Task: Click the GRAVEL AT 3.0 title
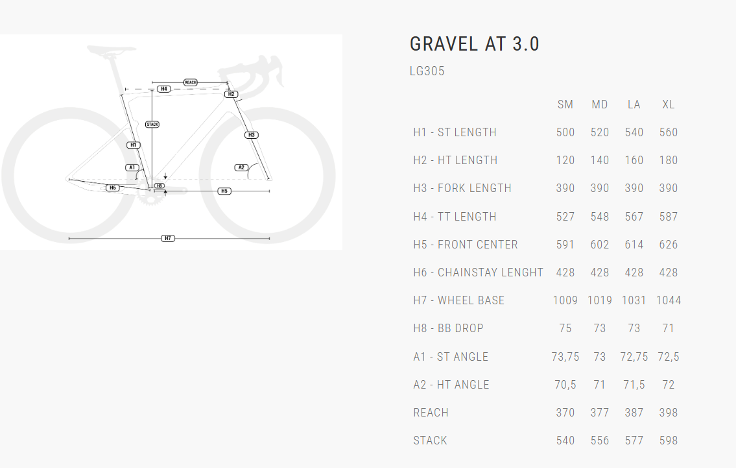point(475,44)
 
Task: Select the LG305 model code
point(427,71)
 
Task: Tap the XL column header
point(669,104)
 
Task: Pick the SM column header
point(565,104)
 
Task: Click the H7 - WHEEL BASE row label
point(458,300)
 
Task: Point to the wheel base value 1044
point(669,300)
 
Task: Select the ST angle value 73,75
point(565,357)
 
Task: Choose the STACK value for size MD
point(599,441)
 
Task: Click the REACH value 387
point(634,413)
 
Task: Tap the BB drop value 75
point(565,328)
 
